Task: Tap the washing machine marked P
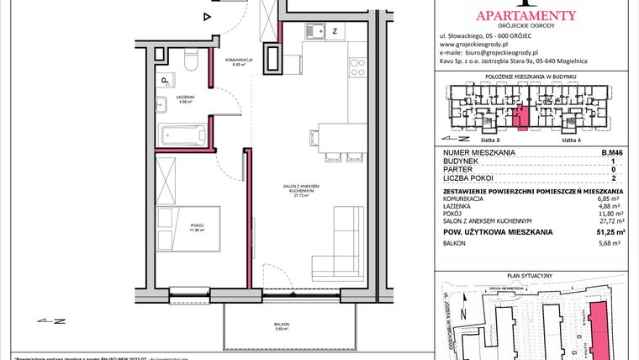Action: point(166,81)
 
